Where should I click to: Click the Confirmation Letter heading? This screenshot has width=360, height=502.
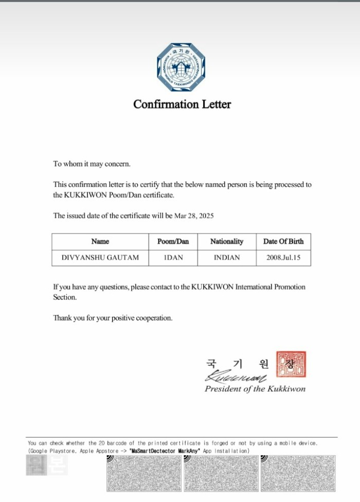pyautogui.click(x=182, y=104)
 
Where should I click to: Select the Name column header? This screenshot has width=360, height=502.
pyautogui.click(x=100, y=241)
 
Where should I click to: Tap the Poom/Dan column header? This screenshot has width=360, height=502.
pyautogui.click(x=173, y=241)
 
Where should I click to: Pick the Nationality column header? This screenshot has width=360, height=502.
pyautogui.click(x=227, y=241)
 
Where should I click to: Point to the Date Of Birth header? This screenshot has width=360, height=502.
pyautogui.click(x=283, y=241)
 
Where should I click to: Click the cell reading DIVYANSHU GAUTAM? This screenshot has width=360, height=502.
pyautogui.click(x=100, y=257)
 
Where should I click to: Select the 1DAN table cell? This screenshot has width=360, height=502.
pyautogui.click(x=173, y=257)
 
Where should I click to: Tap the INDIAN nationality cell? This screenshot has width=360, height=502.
pyautogui.click(x=227, y=257)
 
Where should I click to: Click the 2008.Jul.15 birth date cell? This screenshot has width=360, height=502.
pyautogui.click(x=283, y=257)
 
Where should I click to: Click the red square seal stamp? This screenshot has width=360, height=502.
pyautogui.click(x=291, y=364)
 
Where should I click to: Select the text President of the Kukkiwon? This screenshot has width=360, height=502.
pyautogui.click(x=255, y=389)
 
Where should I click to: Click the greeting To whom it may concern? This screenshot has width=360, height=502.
pyautogui.click(x=92, y=164)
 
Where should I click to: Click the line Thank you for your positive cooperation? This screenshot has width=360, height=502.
pyautogui.click(x=113, y=318)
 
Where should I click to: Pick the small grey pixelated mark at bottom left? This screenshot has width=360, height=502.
pyautogui.click(x=36, y=465)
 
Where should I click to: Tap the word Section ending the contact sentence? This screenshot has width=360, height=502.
pyautogui.click(x=64, y=297)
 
